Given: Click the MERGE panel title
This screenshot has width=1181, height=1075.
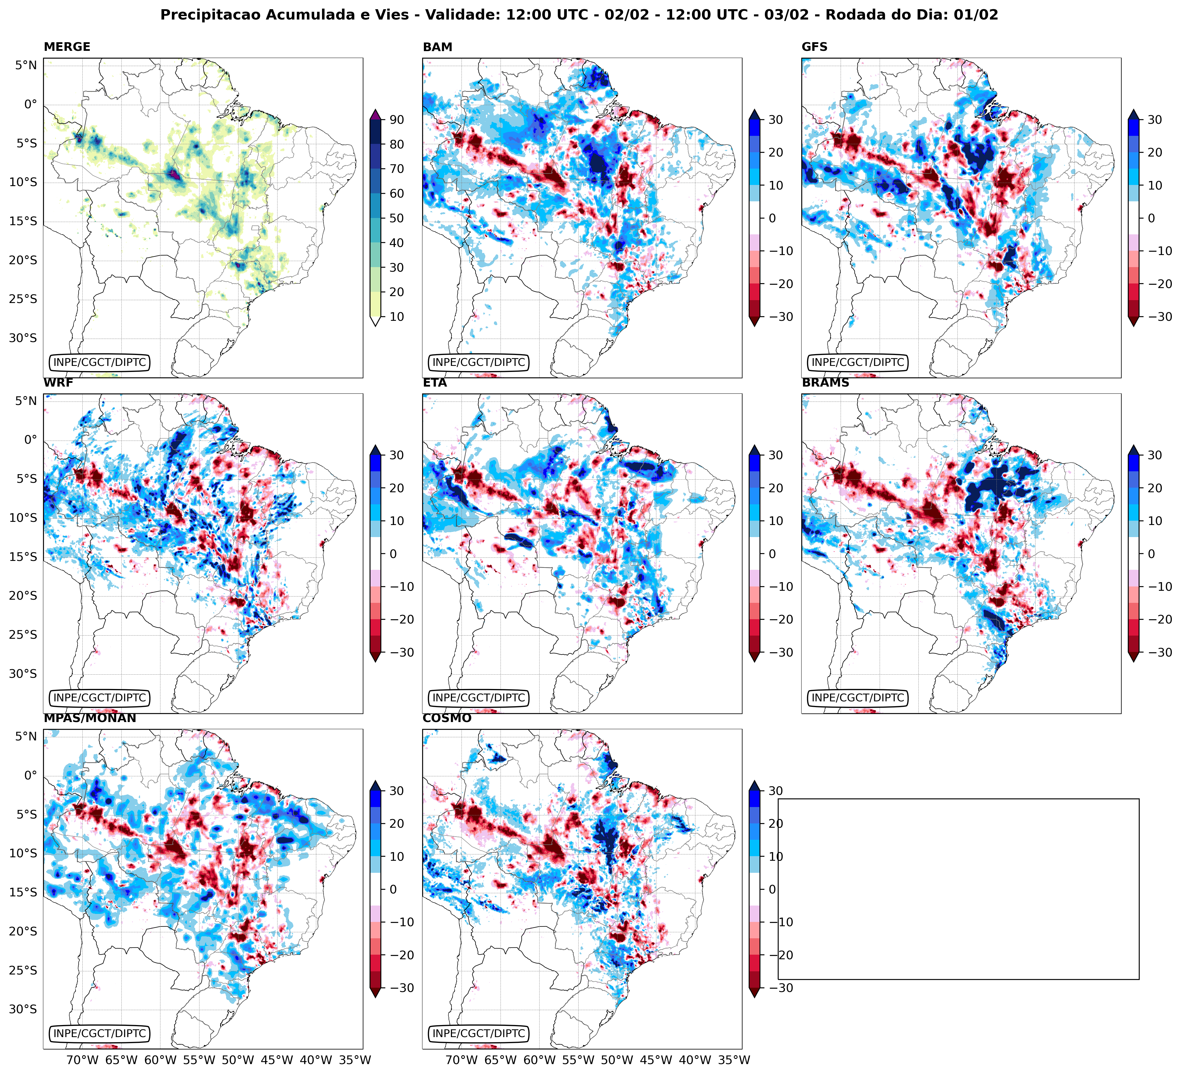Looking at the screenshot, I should click(x=67, y=47).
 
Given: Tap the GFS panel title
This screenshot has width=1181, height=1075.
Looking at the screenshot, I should click(x=814, y=47).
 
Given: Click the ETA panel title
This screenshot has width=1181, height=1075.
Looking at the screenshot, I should click(x=435, y=383).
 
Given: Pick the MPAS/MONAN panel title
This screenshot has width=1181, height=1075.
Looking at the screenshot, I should click(x=90, y=718).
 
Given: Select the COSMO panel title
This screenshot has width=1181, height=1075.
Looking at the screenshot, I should click(x=446, y=718).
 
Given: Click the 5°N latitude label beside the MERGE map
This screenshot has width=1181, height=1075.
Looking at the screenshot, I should click(x=26, y=65).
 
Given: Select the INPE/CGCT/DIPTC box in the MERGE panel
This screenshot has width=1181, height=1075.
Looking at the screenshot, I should click(x=100, y=362).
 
